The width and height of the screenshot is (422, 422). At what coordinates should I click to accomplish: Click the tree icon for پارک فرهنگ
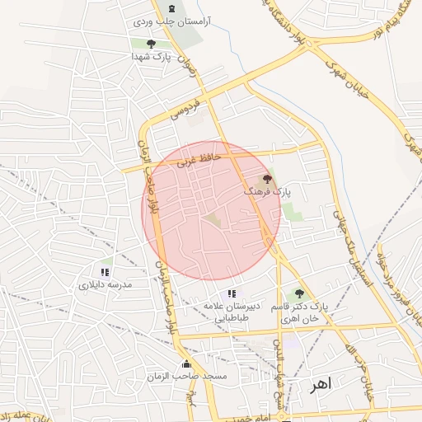[266, 178]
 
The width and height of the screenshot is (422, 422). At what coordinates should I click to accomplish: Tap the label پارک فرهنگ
[267, 191]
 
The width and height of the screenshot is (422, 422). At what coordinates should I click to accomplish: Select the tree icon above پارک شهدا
[150, 44]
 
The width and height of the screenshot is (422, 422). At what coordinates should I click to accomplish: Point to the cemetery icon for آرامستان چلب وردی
[171, 7]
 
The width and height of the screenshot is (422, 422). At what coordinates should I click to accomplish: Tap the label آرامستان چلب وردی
[171, 19]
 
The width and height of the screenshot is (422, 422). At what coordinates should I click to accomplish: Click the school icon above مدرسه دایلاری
[105, 272]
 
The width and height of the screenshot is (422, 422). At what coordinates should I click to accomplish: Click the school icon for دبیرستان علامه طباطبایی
[232, 293]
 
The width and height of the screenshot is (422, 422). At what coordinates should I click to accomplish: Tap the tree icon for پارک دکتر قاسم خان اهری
[299, 293]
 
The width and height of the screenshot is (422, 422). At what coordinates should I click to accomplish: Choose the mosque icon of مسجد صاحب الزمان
[185, 363]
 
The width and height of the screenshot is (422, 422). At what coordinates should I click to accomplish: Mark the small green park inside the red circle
[213, 220]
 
